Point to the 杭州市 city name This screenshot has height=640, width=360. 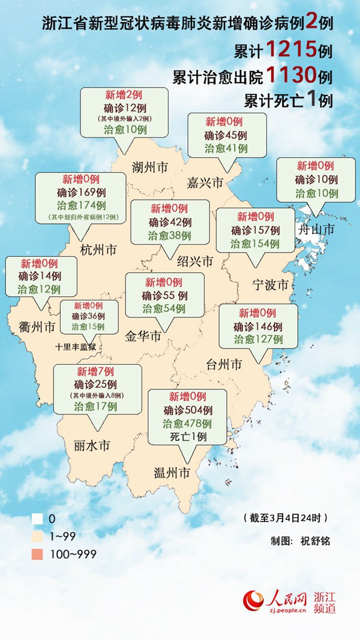pyautogui.click(x=98, y=250)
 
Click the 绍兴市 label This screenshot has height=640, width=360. pyautogui.click(x=195, y=262)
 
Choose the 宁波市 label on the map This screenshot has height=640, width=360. pyautogui.click(x=270, y=283)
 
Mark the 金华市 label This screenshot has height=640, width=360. pyautogui.click(x=142, y=338)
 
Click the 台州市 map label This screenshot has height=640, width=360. pyautogui.click(x=224, y=363)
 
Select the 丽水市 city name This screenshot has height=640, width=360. pyautogui.click(x=92, y=446)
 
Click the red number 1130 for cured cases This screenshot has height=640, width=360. pyautogui.click(x=290, y=76)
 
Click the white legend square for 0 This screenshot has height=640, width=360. pyautogui.click(x=37, y=518)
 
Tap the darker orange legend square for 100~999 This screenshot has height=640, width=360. pyautogui.click(x=37, y=554)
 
